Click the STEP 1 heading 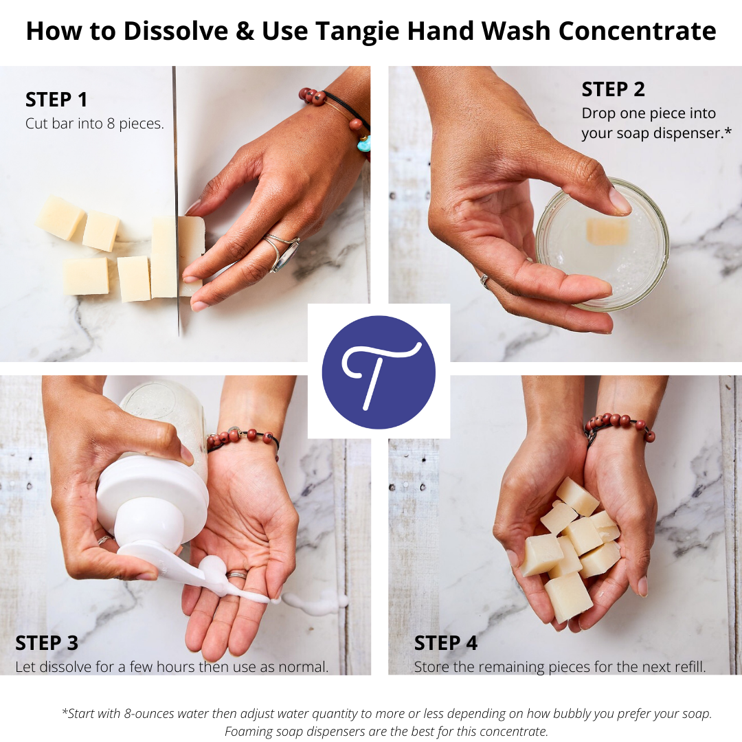point(56,100)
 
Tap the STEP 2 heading point(614,89)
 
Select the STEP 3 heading point(47,643)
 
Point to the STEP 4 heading point(446,643)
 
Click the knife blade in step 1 point(176,172)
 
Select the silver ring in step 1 point(282,251)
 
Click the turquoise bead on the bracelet point(363,144)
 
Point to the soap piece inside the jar point(607,232)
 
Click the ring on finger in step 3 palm point(237,574)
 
